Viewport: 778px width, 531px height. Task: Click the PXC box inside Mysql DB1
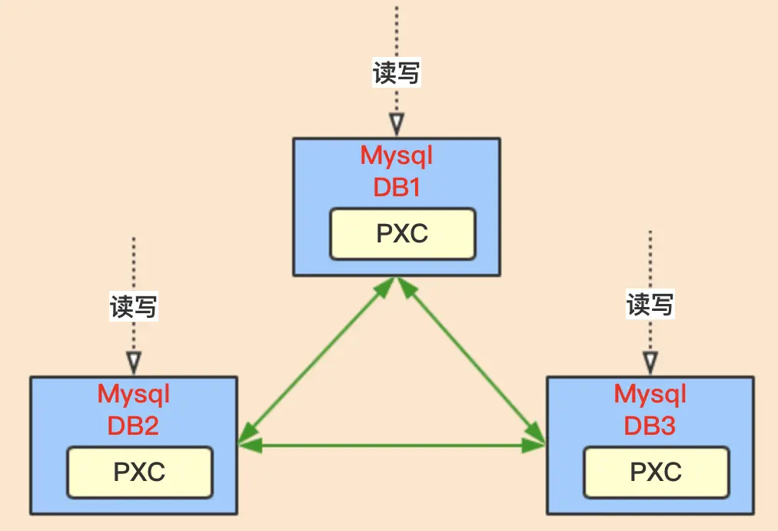(x=402, y=234)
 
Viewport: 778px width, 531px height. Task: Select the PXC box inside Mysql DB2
(x=140, y=473)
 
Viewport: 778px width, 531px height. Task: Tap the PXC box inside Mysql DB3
(x=657, y=473)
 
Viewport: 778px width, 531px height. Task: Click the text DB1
(x=397, y=187)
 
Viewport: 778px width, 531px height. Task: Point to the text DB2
(x=133, y=426)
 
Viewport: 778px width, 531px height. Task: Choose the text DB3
(x=650, y=426)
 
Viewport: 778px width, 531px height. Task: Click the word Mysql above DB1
(x=397, y=156)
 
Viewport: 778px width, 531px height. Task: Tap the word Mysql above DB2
(x=134, y=395)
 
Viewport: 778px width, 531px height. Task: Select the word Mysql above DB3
(x=650, y=395)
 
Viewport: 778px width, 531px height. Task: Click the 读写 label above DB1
(x=397, y=72)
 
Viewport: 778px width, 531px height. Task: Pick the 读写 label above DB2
(x=134, y=306)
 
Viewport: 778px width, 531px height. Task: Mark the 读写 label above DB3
(x=650, y=304)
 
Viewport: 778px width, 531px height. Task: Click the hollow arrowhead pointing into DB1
(x=397, y=124)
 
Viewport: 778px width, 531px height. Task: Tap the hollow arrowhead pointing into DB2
(x=134, y=362)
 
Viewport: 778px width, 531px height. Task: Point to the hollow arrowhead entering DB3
(x=650, y=362)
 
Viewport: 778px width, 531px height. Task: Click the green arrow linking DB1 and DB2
(x=317, y=361)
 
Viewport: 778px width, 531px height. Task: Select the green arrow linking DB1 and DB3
(x=471, y=361)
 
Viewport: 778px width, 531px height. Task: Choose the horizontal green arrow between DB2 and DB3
(x=392, y=446)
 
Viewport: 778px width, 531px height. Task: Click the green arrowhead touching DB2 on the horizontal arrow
(x=250, y=446)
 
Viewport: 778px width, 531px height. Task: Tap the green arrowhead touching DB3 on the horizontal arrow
(x=534, y=446)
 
